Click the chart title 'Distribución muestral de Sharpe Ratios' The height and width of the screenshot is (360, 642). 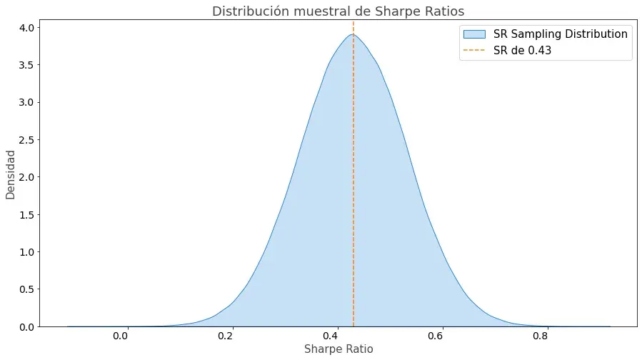coord(338,11)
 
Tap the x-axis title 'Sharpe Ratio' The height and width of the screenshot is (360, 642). coord(338,349)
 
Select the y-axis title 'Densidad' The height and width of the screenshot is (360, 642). coord(11,174)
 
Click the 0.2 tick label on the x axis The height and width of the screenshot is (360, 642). coord(228,334)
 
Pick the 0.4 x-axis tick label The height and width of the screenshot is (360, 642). coord(334,334)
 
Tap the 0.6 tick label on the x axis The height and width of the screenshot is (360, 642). coord(440,334)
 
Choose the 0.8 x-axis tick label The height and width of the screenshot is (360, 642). coord(546,334)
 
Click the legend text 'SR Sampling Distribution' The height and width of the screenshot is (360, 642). coord(561,34)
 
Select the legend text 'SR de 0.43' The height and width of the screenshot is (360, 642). coord(522,51)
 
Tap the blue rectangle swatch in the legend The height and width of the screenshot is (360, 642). coord(474,34)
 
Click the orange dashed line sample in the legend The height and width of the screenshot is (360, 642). coord(474,51)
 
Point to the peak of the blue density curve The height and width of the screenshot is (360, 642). coord(352,34)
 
